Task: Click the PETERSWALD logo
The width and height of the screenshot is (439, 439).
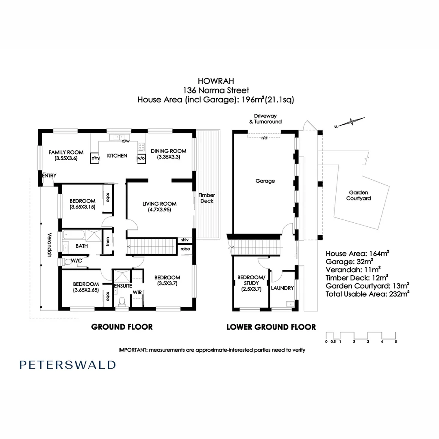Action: point(67,365)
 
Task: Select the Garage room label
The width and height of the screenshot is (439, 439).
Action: point(265,181)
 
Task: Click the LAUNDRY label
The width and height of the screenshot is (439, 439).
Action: point(282,288)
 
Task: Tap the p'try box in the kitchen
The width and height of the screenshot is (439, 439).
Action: point(95,158)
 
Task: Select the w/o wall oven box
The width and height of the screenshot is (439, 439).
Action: point(141,158)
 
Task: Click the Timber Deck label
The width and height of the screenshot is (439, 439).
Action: point(206,198)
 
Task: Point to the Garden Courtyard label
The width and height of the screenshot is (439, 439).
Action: point(358,196)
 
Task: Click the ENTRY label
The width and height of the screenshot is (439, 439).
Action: point(49,176)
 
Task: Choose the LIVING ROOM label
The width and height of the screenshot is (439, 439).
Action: point(159,204)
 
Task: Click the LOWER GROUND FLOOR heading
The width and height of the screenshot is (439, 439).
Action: point(271,327)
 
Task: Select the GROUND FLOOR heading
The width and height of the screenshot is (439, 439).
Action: point(122,327)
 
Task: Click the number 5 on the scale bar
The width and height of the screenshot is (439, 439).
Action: point(396,342)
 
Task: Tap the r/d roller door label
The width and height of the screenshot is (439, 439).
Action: point(264,137)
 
